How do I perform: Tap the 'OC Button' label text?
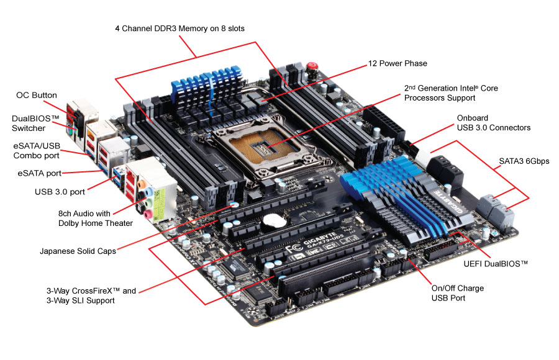pos(37,96)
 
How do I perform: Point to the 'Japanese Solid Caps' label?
pos(78,251)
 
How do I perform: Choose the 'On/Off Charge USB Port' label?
pos(457,293)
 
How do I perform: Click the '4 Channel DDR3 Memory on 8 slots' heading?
pos(184,29)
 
